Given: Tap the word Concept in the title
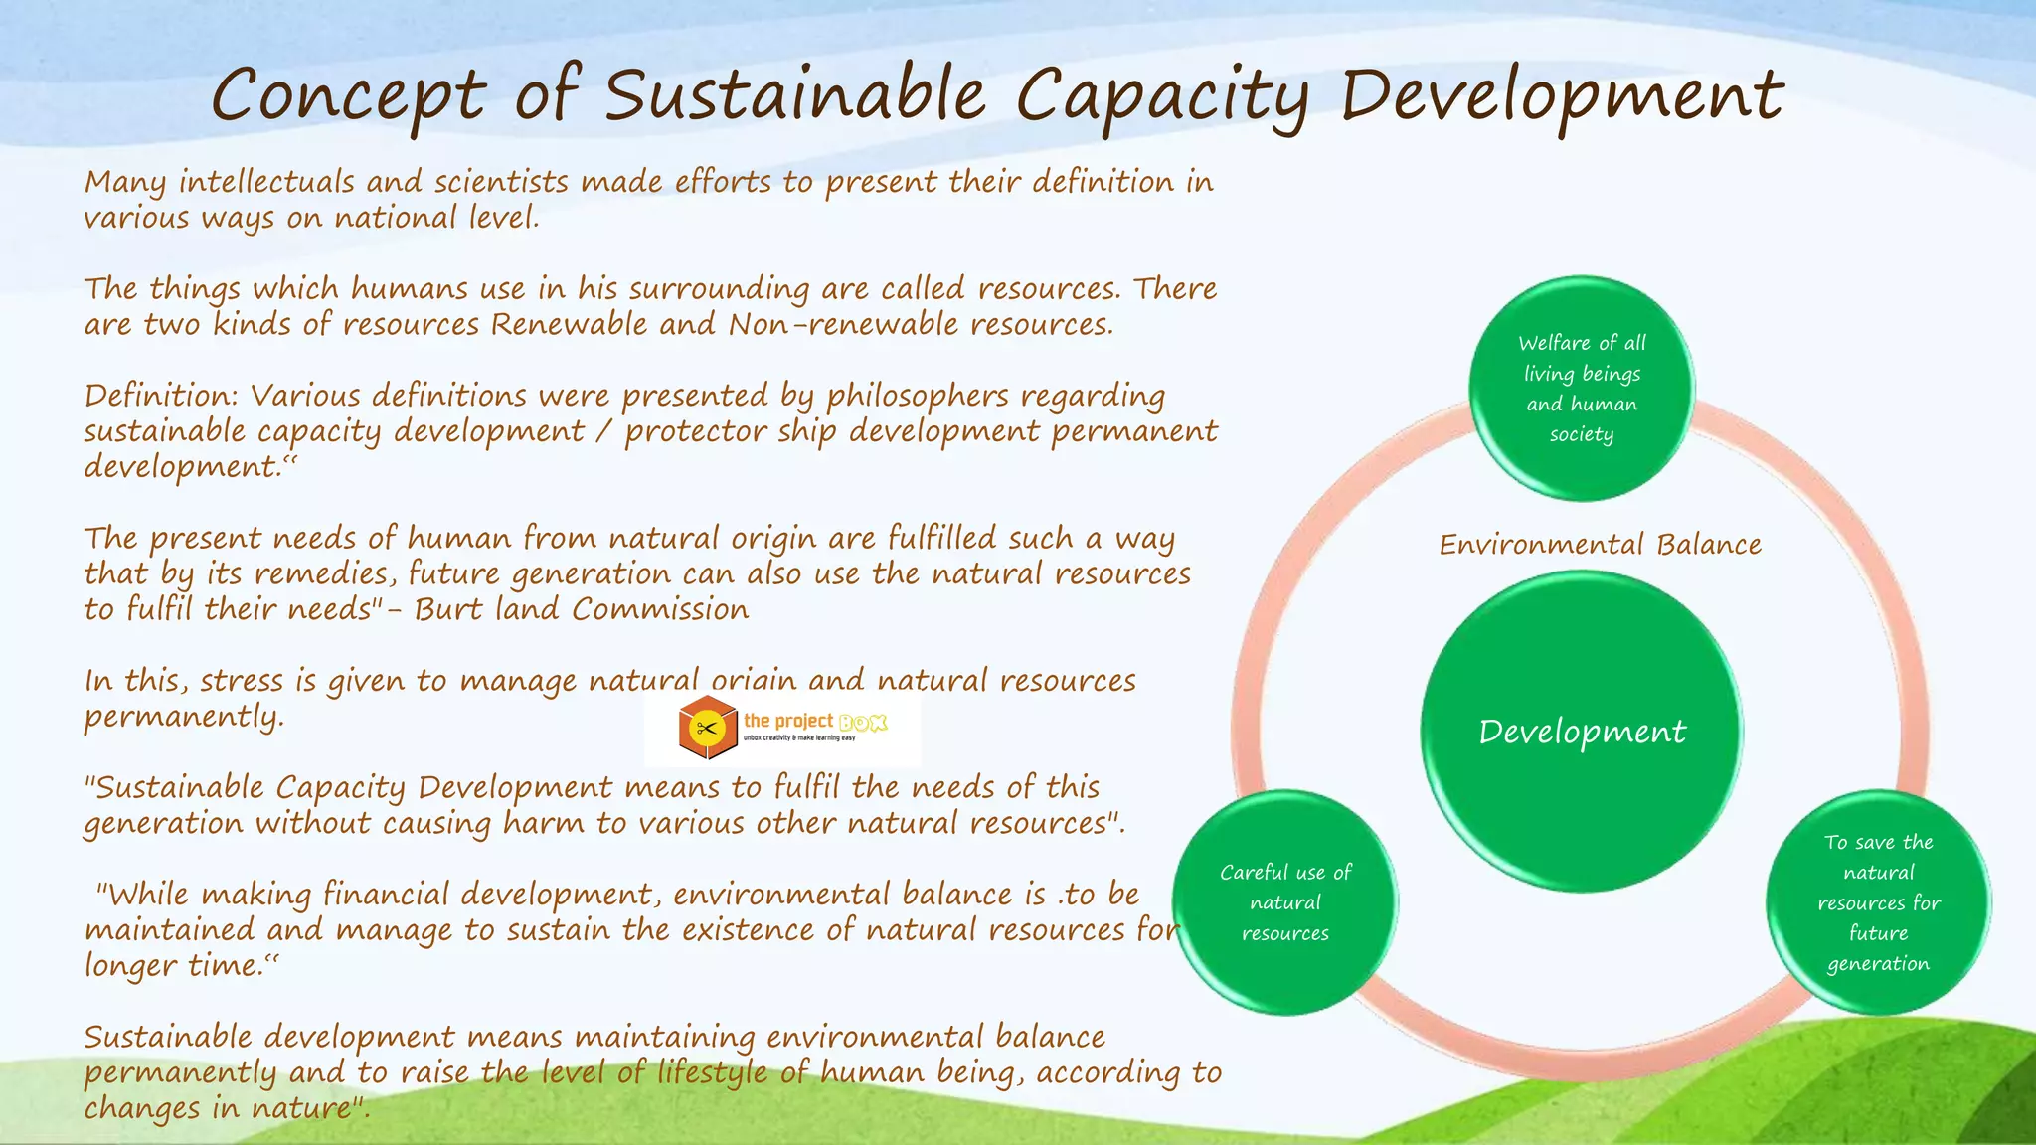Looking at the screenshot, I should coord(348,97).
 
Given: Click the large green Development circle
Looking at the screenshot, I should coord(1582,732).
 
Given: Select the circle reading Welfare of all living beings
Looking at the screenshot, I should coord(1582,389).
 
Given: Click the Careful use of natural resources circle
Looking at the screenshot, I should coord(1285,902).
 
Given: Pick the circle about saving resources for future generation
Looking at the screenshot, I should coord(1878,902).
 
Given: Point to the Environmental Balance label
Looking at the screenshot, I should coord(1600,545).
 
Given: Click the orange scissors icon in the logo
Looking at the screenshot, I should coord(707,729).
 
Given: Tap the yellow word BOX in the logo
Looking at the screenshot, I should coord(862,723).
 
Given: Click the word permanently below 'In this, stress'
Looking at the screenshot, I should coord(183,717).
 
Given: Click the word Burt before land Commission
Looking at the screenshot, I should coord(447,609).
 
